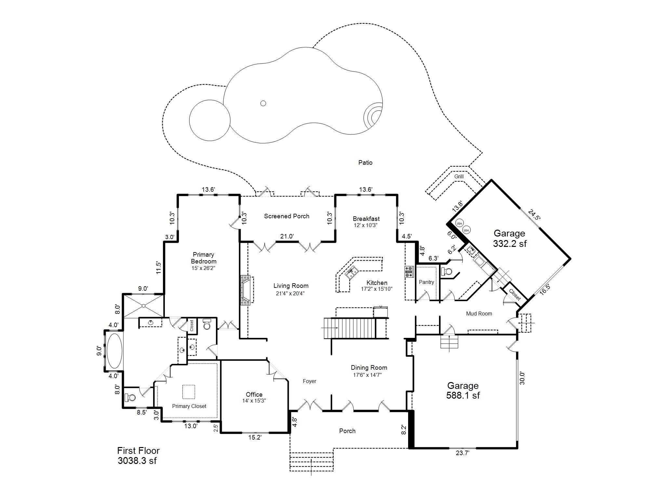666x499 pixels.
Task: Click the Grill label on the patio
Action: pos(459,176)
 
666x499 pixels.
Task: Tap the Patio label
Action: pos(365,162)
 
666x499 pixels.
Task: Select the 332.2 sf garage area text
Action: pos(510,244)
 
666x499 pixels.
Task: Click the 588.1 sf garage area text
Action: pos(463,395)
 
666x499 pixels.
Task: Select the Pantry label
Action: pos(426,282)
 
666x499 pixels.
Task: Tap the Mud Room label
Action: pos(479,313)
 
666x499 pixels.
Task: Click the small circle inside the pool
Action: pos(263,103)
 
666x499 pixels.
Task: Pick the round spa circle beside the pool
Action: pos(210,120)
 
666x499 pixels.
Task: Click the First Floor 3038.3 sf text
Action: pos(138,455)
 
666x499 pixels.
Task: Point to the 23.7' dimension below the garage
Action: pos(462,453)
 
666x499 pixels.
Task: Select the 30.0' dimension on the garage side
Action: pos(522,378)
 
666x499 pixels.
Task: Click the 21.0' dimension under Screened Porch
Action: pos(287,236)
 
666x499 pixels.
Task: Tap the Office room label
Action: pos(254,395)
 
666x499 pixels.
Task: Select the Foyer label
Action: pos(309,381)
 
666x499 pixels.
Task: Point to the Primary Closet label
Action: pos(189,406)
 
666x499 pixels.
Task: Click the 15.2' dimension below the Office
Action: pos(255,438)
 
